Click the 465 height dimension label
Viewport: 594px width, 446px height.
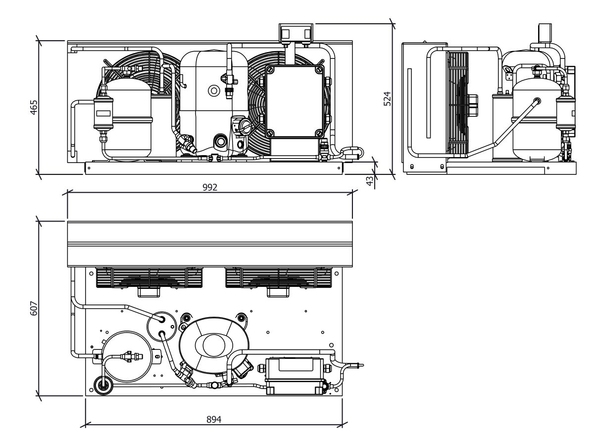34,107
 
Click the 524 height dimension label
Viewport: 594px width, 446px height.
388,99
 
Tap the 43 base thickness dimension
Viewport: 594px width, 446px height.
370,180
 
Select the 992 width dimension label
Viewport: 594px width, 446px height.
210,187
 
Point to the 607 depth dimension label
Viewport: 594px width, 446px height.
34,308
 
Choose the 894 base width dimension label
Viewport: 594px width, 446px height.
214,419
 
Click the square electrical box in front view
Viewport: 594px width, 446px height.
295,102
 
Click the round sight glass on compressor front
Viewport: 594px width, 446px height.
214,91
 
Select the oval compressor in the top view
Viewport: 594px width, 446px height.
214,345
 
